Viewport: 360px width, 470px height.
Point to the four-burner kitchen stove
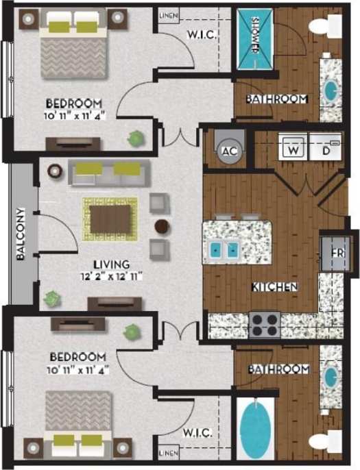(x=264, y=323)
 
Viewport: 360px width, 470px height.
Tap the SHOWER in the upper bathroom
(x=255, y=38)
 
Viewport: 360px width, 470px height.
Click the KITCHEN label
(x=274, y=286)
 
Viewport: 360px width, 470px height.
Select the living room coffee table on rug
(x=110, y=219)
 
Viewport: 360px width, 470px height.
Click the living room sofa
(x=110, y=173)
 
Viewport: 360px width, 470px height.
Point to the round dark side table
(x=162, y=225)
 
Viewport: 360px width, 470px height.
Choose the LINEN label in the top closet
(x=169, y=15)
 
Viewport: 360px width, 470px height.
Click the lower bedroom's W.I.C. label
(x=197, y=433)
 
